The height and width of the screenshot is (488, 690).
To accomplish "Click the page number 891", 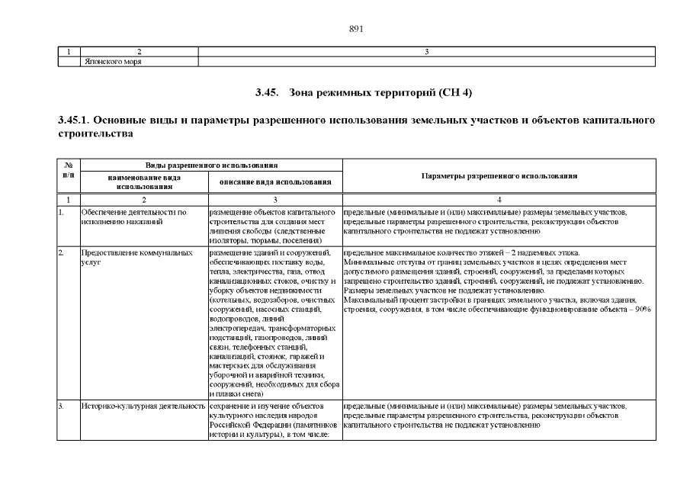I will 355,29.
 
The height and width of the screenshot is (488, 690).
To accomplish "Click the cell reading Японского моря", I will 112,62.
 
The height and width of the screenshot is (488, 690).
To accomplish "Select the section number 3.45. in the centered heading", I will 268,93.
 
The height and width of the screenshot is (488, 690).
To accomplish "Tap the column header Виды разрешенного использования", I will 211,165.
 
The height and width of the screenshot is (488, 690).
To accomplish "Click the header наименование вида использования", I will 144,181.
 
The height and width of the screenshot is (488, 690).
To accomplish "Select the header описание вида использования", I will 274,181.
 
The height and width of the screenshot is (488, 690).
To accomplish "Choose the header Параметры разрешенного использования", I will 499,175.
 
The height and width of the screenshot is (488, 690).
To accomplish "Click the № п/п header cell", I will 69,170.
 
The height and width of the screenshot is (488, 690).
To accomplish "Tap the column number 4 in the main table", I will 499,199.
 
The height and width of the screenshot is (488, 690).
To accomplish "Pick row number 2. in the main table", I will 61,252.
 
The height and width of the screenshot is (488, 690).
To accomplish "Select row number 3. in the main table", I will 61,406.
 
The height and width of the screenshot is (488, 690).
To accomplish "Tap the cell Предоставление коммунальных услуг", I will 136,257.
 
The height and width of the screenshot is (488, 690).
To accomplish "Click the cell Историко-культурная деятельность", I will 143,406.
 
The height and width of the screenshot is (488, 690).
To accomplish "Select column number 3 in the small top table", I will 426,52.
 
